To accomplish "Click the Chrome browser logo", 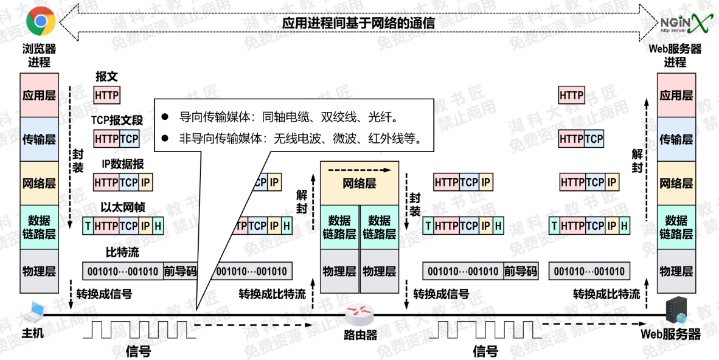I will pyautogui.click(x=41, y=22).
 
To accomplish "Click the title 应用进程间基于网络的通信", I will pyautogui.click(x=358, y=23).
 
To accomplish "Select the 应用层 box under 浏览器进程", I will pyautogui.click(x=39, y=95).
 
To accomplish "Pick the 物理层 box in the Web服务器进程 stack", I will pyautogui.click(x=676, y=271).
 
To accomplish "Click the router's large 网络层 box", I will pyautogui.click(x=359, y=183).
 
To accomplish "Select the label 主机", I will pyautogui.click(x=33, y=334).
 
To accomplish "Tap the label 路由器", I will pyautogui.click(x=360, y=335).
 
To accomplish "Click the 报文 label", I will pyautogui.click(x=106, y=77).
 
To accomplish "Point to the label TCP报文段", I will pyautogui.click(x=117, y=120).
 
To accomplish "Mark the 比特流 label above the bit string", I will pyautogui.click(x=122, y=252).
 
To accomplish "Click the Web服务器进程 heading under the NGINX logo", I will pyautogui.click(x=675, y=55).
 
